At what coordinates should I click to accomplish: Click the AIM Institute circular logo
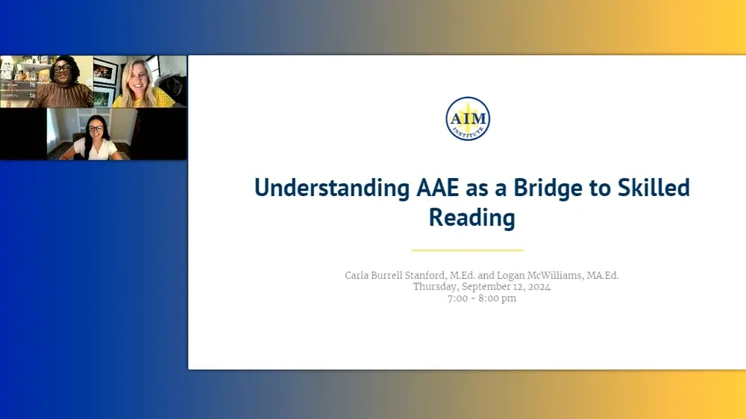click(468, 119)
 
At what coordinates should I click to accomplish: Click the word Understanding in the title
click(332, 188)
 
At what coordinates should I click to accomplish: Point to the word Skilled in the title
click(653, 188)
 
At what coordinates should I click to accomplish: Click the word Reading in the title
click(471, 218)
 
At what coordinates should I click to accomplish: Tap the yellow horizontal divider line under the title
click(467, 251)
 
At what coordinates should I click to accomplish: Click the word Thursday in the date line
click(435, 287)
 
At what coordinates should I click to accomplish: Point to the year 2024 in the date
click(538, 287)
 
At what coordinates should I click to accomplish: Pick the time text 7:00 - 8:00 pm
click(481, 298)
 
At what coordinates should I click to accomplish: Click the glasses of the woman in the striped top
click(62, 69)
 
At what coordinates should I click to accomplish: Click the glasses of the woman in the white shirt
click(95, 129)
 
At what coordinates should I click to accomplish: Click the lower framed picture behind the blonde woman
click(104, 95)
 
